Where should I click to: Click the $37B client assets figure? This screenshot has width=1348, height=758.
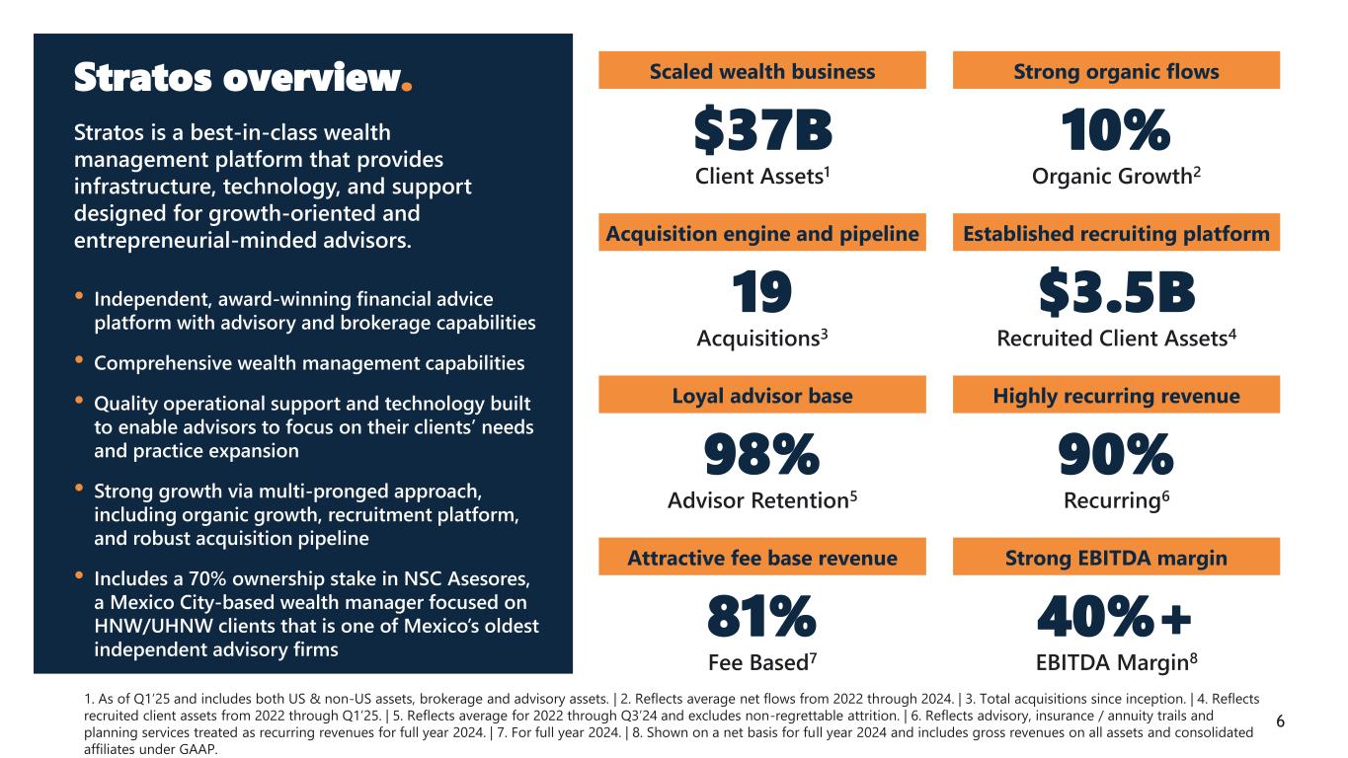pyautogui.click(x=762, y=131)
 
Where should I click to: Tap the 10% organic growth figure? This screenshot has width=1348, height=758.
pyautogui.click(x=1115, y=131)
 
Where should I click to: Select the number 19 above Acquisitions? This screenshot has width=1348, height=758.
pyautogui.click(x=761, y=293)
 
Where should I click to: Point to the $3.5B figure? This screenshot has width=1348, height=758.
pyautogui.click(x=1116, y=293)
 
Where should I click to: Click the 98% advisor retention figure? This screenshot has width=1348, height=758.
pyautogui.click(x=761, y=455)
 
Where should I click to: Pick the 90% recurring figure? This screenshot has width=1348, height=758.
pyautogui.click(x=1115, y=455)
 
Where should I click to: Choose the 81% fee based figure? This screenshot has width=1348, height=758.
pyautogui.click(x=761, y=617)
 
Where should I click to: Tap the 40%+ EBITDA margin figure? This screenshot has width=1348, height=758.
pyautogui.click(x=1115, y=617)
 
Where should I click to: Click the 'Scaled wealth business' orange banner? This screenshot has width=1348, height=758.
pyautogui.click(x=762, y=71)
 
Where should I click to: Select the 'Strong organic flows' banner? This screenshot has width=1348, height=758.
pyautogui.click(x=1116, y=71)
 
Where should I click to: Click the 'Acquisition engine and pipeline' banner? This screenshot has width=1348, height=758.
pyautogui.click(x=762, y=234)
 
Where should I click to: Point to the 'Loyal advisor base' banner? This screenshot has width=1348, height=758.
pyautogui.click(x=762, y=396)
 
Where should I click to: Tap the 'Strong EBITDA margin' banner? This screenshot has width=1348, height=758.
pyautogui.click(x=1116, y=558)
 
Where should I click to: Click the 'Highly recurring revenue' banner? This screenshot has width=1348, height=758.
pyautogui.click(x=1116, y=396)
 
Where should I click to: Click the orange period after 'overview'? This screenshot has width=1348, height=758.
pyautogui.click(x=407, y=90)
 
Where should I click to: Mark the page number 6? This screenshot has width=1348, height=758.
pyautogui.click(x=1281, y=721)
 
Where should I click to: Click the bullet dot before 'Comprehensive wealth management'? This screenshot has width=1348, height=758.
pyautogui.click(x=80, y=362)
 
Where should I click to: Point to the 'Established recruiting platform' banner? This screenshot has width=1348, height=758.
pyautogui.click(x=1116, y=234)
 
